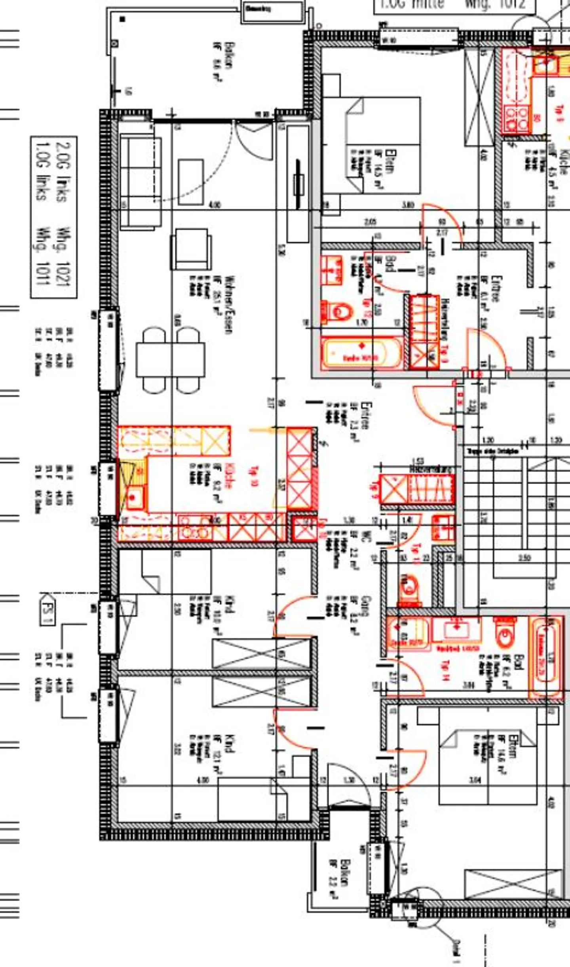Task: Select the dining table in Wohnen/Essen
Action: point(171,360)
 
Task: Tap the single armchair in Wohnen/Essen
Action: point(191,249)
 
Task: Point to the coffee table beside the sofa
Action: point(190,182)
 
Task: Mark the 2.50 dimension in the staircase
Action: point(524,558)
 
